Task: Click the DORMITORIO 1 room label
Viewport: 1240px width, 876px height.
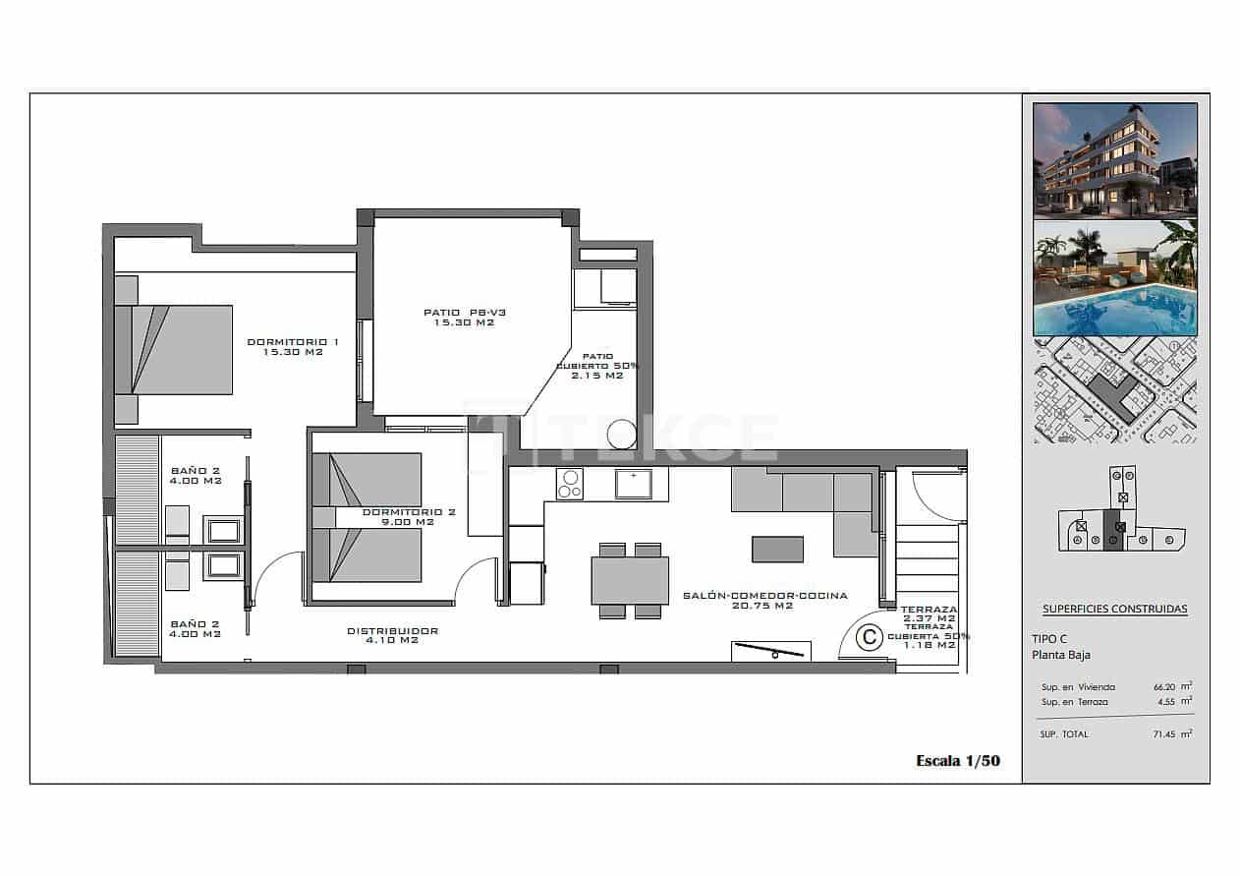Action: pyautogui.click(x=293, y=347)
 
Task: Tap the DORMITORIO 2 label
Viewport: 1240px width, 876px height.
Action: pyautogui.click(x=395, y=517)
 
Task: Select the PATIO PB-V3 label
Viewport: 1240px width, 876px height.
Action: pyautogui.click(x=464, y=317)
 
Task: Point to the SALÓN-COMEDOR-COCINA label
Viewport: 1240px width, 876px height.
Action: pyautogui.click(x=763, y=601)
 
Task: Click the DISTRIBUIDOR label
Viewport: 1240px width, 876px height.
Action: pyautogui.click(x=392, y=635)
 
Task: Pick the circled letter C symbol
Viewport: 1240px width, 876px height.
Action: pyautogui.click(x=869, y=637)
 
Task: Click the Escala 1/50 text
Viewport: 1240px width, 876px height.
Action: pyautogui.click(x=957, y=760)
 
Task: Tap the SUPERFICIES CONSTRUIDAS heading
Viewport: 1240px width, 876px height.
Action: pyautogui.click(x=1114, y=609)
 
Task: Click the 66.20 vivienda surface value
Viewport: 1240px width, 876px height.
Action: pyautogui.click(x=1165, y=687)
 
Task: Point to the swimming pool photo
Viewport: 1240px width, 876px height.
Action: pyautogui.click(x=1115, y=278)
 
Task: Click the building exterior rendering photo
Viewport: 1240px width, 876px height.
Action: pyautogui.click(x=1115, y=159)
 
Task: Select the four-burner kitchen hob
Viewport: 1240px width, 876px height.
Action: pyautogui.click(x=569, y=483)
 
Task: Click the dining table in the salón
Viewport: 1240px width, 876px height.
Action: pyautogui.click(x=630, y=580)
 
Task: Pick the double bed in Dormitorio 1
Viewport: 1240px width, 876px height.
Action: pyautogui.click(x=174, y=349)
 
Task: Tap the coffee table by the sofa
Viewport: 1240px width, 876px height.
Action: pyautogui.click(x=777, y=549)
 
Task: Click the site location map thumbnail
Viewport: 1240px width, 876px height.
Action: pyautogui.click(x=1115, y=390)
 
